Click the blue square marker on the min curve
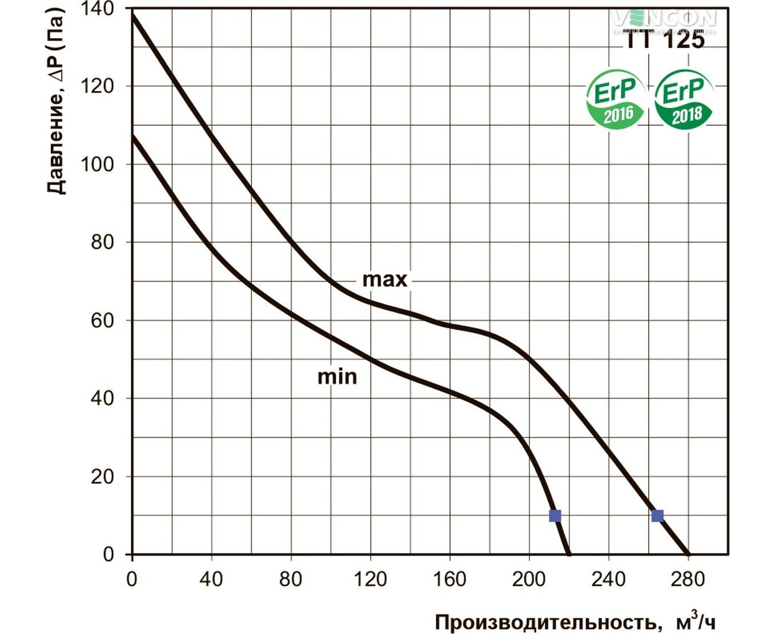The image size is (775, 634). (x=555, y=516)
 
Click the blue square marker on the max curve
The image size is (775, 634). (x=657, y=516)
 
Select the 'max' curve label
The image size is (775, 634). (x=385, y=279)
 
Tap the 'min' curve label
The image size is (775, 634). (x=337, y=377)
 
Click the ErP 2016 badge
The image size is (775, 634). (x=616, y=99)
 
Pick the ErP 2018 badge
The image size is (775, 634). (x=684, y=99)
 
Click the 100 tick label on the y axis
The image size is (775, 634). (x=98, y=164)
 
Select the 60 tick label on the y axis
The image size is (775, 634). (x=103, y=320)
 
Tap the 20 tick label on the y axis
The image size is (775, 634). (x=103, y=476)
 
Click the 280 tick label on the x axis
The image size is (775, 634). (x=688, y=580)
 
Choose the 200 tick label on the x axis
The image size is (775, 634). (x=529, y=580)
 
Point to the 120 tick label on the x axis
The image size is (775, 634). (x=370, y=580)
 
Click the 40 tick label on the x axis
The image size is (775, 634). (x=211, y=580)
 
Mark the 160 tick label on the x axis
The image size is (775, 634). (x=449, y=580)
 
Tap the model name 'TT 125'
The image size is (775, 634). (x=665, y=40)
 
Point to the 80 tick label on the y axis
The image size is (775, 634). (x=103, y=242)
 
